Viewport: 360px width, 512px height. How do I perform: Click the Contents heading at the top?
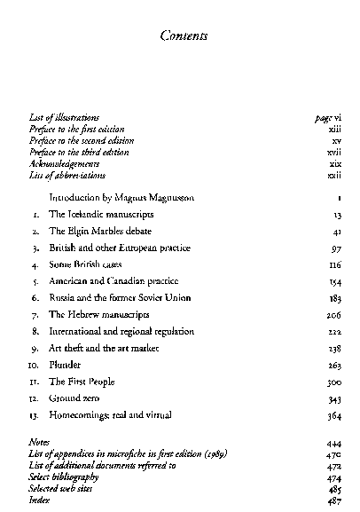184,36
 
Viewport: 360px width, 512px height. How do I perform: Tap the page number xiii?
335,128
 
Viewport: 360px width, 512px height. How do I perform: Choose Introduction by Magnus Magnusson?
121,198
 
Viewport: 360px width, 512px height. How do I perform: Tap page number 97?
336,248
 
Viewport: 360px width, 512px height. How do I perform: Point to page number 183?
334,298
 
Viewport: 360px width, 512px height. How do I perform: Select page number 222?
334,331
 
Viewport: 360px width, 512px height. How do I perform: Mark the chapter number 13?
34,414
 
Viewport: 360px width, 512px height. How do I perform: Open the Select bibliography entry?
63,477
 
